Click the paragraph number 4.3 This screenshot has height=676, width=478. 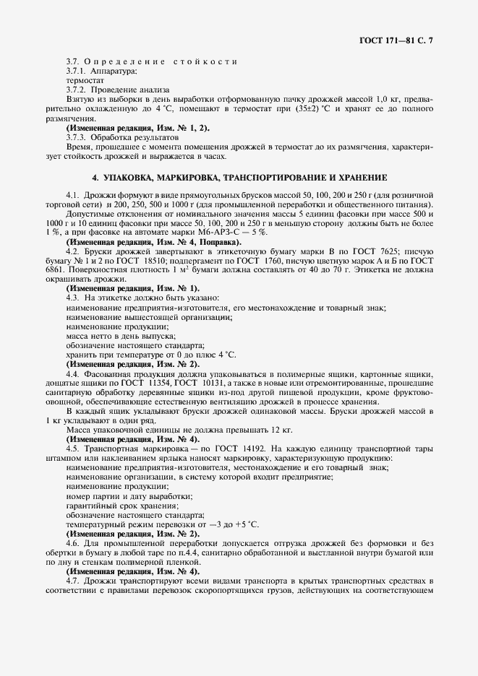point(72,298)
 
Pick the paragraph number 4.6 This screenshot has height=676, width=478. point(72,542)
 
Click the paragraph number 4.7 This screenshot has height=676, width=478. point(72,580)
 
